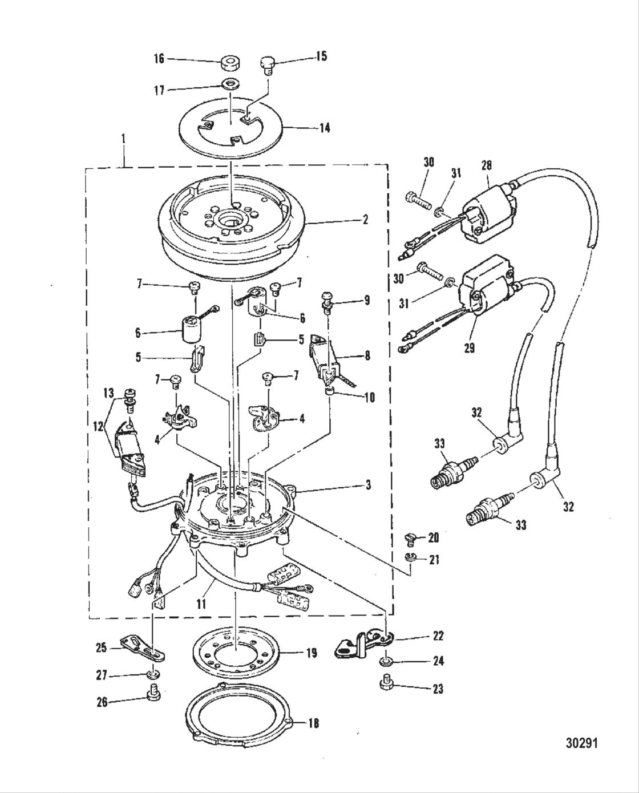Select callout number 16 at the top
pos(159,58)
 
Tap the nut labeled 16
pos(230,61)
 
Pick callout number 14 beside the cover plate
pos(324,127)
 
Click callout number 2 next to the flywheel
pos(365,219)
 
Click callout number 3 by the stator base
pos(368,485)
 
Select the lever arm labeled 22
pos(361,644)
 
